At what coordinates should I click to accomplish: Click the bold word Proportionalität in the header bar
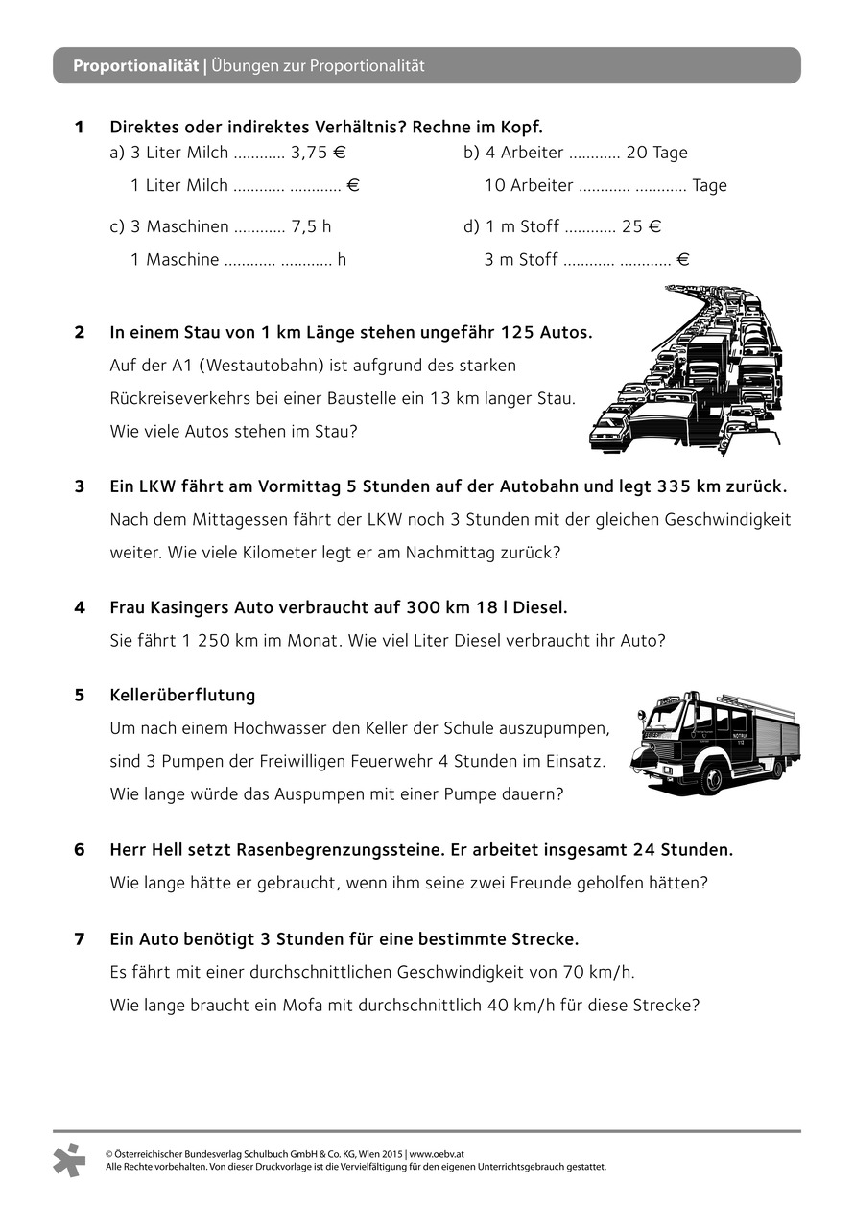[136, 66]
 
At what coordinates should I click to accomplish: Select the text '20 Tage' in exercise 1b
[656, 152]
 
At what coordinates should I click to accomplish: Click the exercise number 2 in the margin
[80, 333]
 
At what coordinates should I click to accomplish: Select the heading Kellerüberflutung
[182, 695]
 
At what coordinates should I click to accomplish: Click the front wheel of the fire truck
[710, 776]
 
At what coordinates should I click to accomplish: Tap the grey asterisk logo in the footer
[70, 1160]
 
